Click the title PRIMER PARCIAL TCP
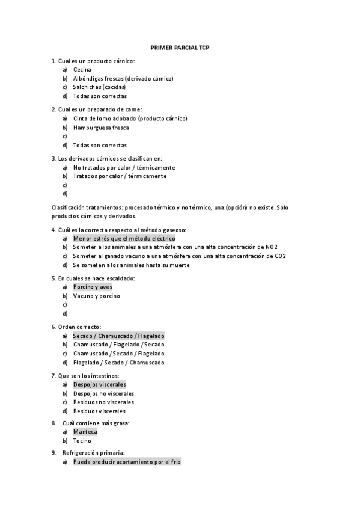coord(180,47)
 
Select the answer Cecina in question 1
coord(82,69)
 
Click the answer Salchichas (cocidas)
coord(99,87)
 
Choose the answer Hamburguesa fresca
coord(101,127)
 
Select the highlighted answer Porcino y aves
coord(93,287)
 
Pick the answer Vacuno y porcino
coord(96,296)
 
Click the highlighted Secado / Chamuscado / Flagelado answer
coord(118,336)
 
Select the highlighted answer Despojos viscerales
coord(99,384)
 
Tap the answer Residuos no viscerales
coord(103,402)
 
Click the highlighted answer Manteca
coord(85,432)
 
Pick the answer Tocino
coord(82,441)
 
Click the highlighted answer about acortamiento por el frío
coord(126,462)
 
